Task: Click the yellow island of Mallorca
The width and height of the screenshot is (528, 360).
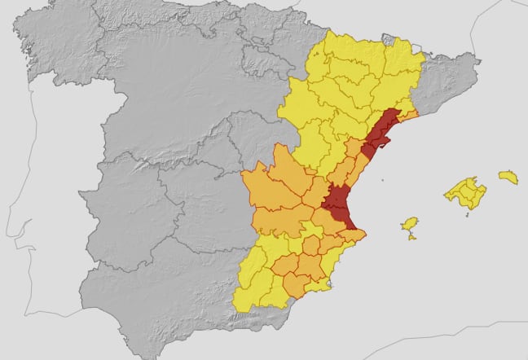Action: [x=465, y=193]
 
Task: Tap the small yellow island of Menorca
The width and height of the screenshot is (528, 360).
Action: [x=508, y=176]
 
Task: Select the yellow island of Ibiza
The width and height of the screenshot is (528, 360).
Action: [x=410, y=223]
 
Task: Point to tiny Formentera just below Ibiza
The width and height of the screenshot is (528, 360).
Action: [x=412, y=237]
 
